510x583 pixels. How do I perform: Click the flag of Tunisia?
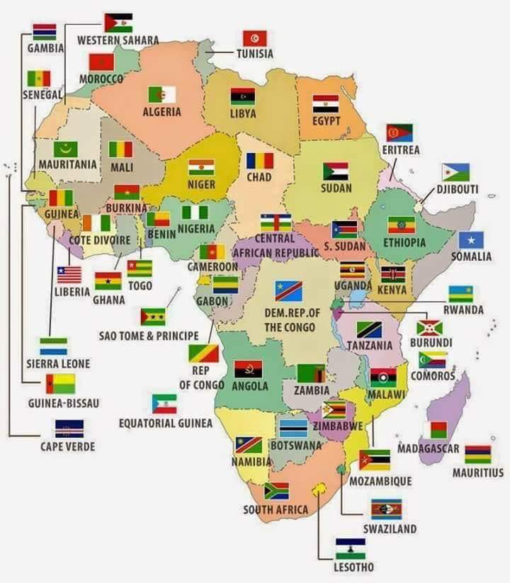[254, 38]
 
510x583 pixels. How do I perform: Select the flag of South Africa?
[276, 491]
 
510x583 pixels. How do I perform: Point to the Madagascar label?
[428, 448]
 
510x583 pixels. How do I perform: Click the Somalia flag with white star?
[471, 240]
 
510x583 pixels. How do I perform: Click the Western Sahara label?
[118, 40]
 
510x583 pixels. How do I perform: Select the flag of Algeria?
[161, 94]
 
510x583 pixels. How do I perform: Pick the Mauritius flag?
[477, 454]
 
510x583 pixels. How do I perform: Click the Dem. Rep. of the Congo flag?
[288, 290]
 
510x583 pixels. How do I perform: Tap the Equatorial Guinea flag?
[164, 404]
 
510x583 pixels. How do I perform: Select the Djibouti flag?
[455, 172]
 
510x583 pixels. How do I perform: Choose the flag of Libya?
[242, 96]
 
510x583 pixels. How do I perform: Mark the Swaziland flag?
[386, 509]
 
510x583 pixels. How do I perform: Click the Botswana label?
[296, 446]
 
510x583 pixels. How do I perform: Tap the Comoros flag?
[432, 359]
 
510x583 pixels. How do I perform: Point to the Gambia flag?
[45, 31]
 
